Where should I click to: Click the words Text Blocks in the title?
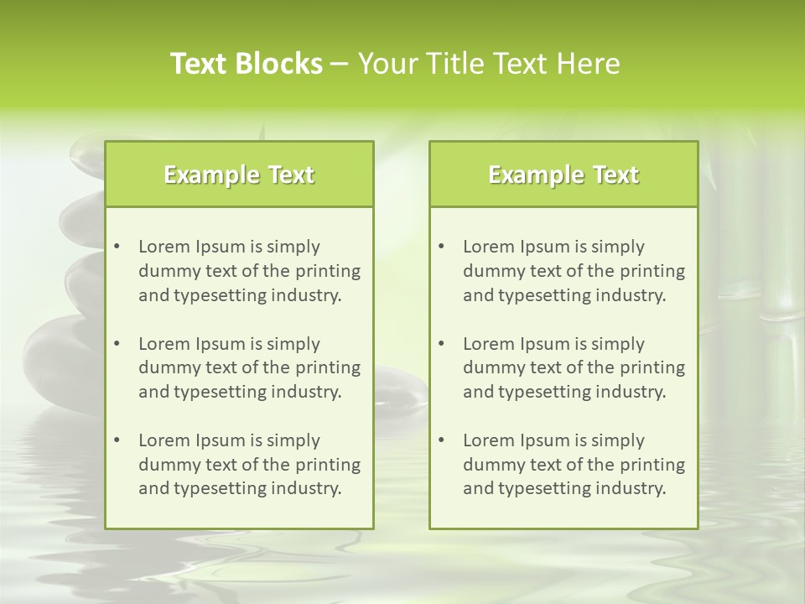point(246,64)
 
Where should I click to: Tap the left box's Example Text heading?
point(239,174)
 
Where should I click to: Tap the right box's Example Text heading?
point(563,174)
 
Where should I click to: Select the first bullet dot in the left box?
point(117,247)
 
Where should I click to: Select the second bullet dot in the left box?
point(117,344)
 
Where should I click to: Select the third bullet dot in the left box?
point(117,440)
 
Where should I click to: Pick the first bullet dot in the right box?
point(442,247)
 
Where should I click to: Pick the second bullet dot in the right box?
point(442,344)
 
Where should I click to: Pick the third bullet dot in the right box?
point(442,440)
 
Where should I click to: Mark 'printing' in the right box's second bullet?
point(652,368)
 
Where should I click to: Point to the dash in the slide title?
point(340,65)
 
